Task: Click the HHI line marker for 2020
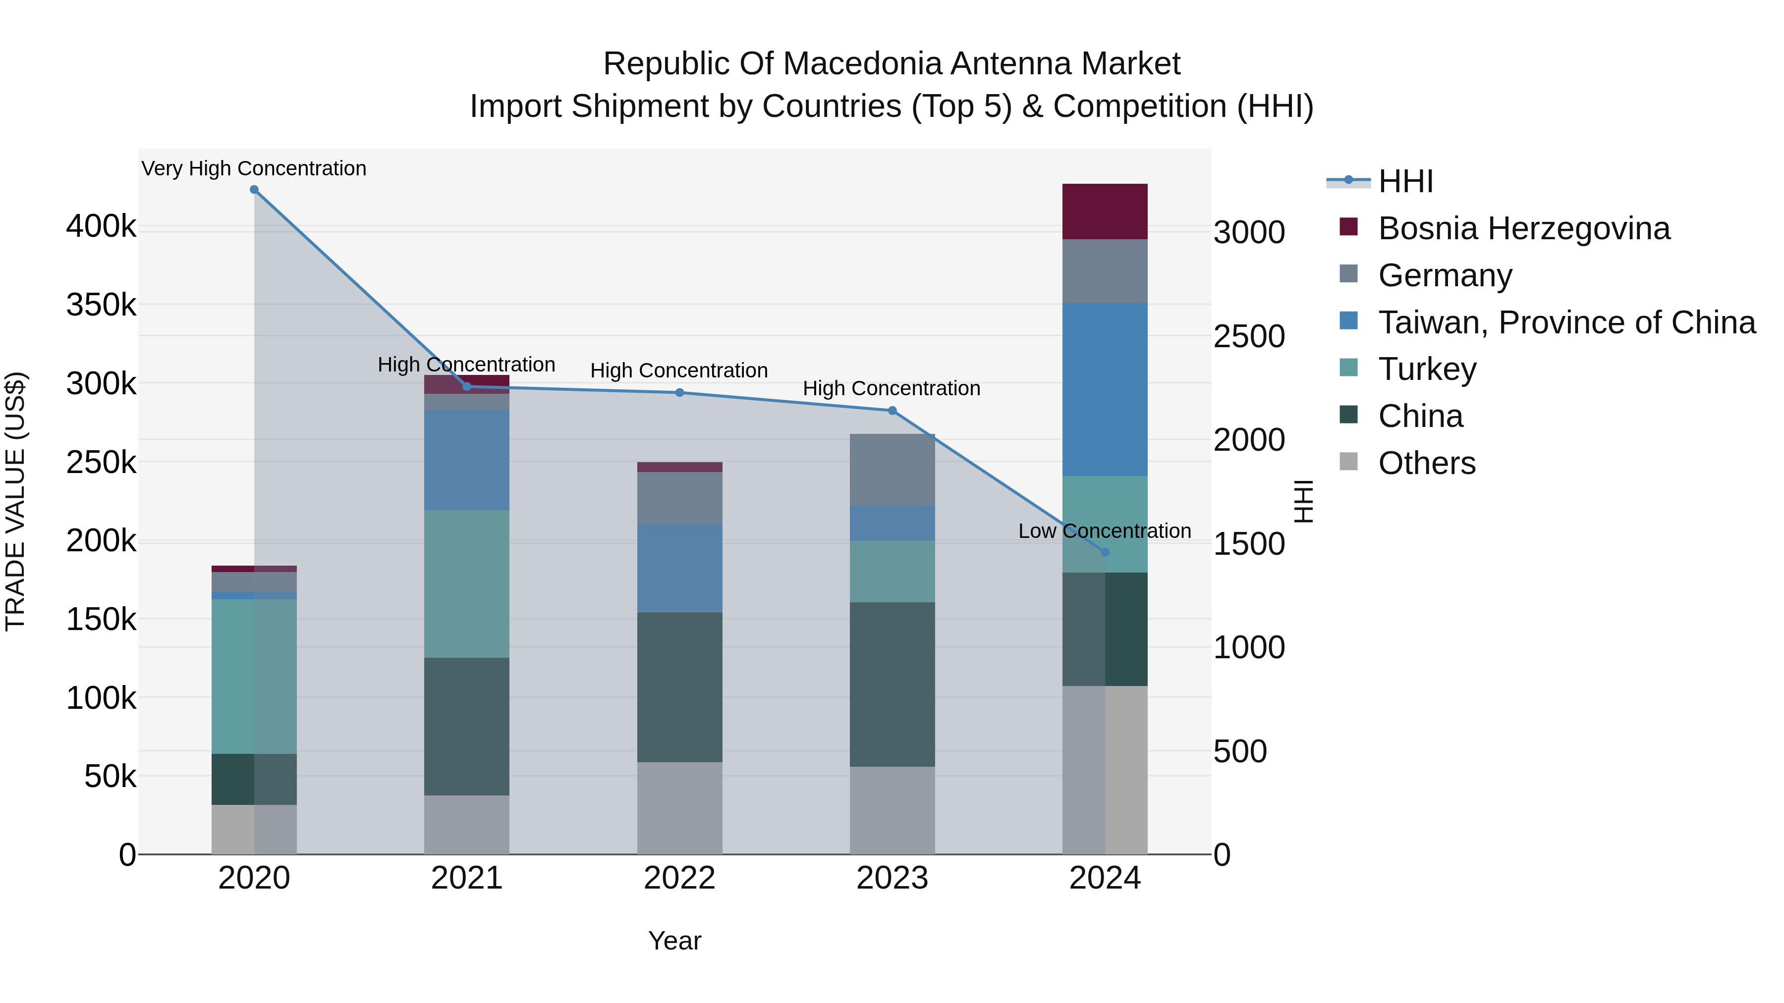point(254,190)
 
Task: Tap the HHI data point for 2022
point(679,392)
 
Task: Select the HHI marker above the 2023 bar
point(892,411)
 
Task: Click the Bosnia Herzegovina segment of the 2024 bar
point(1105,211)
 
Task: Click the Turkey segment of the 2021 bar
point(466,583)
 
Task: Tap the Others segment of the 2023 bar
point(892,810)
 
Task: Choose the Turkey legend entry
point(1427,369)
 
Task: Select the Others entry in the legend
point(1427,463)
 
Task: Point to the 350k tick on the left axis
point(101,305)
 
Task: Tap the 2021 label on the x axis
point(466,878)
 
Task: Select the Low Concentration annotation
point(1104,531)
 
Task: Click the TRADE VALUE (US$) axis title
point(15,501)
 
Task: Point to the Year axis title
point(674,941)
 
